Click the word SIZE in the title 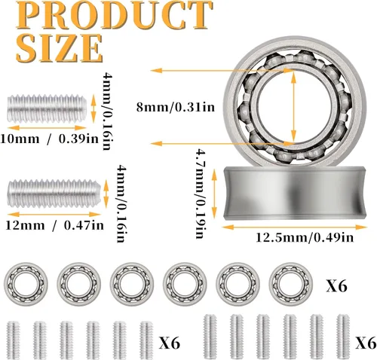click(60, 48)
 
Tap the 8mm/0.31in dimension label click(176, 108)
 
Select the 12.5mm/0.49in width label click(305, 237)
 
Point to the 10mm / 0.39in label click(50, 139)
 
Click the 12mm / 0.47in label click(55, 225)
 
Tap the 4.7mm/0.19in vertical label click(201, 194)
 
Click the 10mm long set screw click(47, 108)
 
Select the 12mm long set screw click(54, 194)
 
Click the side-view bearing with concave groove click(295, 193)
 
